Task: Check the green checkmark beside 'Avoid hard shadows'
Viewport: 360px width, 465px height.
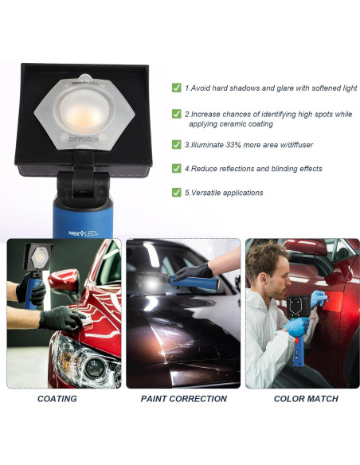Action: click(176, 88)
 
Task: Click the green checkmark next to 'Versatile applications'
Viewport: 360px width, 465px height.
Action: click(176, 192)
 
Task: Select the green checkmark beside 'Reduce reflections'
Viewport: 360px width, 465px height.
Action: click(176, 168)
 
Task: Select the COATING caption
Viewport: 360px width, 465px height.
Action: click(57, 398)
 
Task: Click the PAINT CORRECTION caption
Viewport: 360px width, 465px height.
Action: click(183, 398)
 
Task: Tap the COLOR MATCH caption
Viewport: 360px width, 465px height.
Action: click(306, 398)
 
